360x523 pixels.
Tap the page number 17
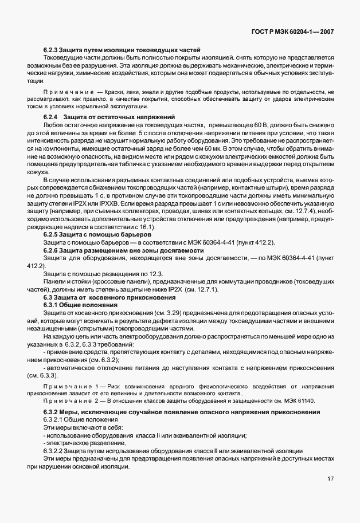coord(330,479)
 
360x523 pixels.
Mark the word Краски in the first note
coord(107,92)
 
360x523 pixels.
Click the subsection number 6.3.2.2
coord(54,451)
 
